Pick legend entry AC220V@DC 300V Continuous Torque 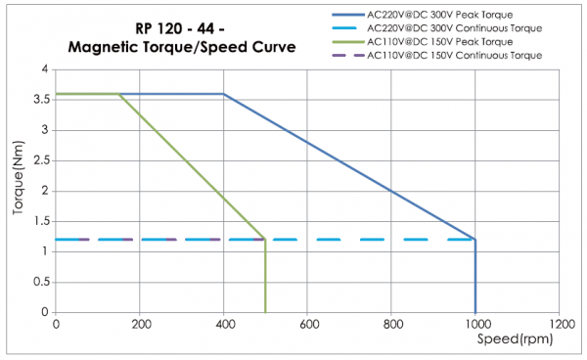point(453,28)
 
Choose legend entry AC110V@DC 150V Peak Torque point(442,42)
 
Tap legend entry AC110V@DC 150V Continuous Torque point(453,56)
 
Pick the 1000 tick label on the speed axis point(475,324)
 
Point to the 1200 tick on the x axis point(560,324)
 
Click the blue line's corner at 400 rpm point(224,94)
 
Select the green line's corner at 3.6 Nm point(119,94)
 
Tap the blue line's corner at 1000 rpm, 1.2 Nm point(475,239)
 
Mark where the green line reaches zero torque point(265,311)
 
